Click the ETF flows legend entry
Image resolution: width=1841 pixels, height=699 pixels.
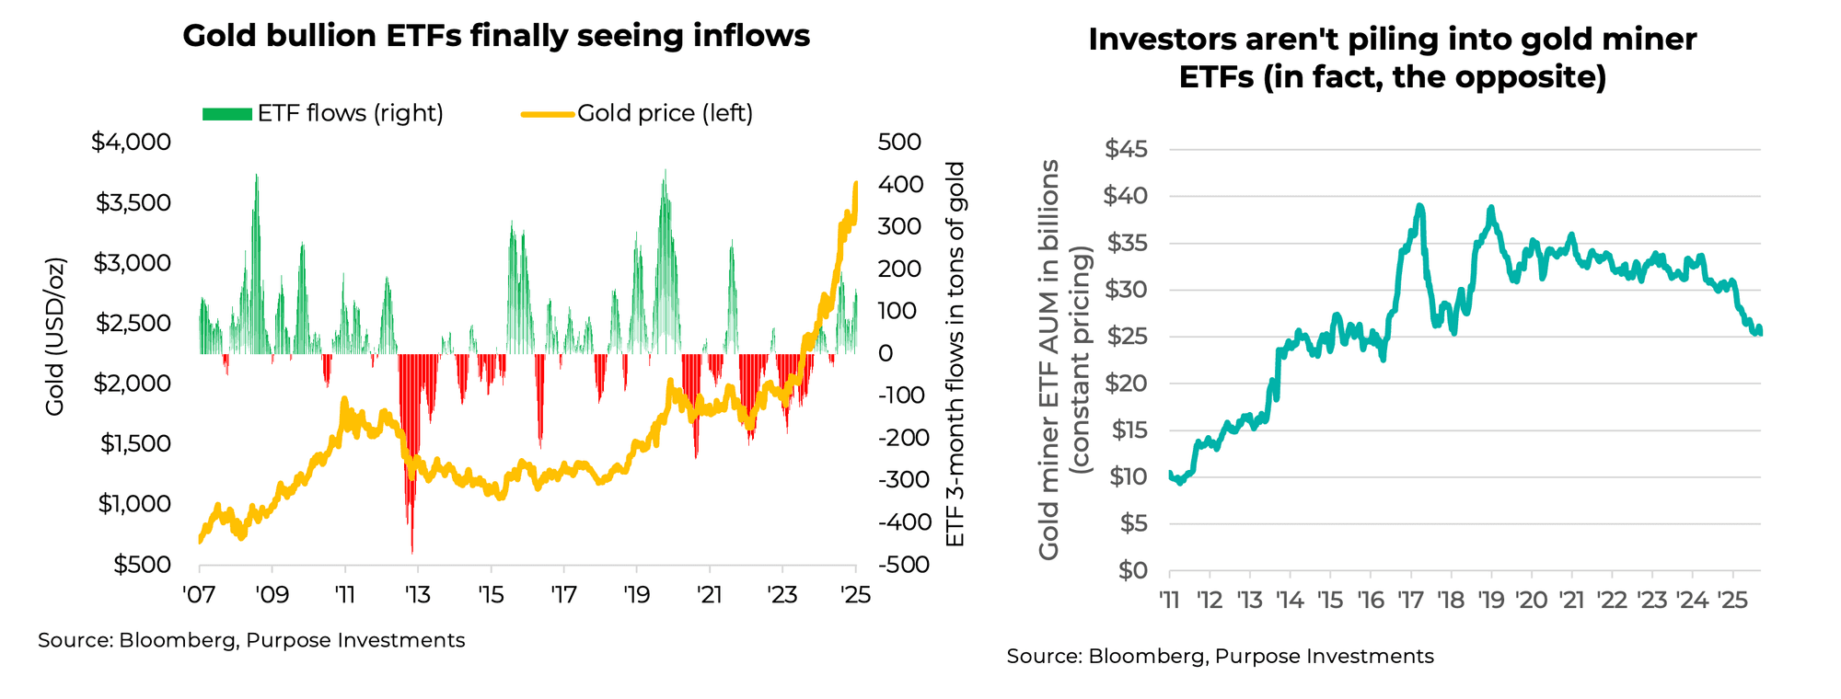323,113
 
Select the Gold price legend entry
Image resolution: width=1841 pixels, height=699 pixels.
637,113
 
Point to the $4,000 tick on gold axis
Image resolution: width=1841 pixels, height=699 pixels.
131,142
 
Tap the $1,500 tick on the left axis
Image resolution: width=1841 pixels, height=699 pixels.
135,443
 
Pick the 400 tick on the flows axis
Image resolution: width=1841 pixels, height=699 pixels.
899,184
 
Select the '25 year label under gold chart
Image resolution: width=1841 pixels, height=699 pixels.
856,593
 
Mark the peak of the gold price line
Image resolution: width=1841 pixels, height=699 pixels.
856,183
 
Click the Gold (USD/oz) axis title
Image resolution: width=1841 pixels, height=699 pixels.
55,336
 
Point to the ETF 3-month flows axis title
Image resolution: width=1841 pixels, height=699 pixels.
955,354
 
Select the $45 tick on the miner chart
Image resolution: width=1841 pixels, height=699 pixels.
1126,149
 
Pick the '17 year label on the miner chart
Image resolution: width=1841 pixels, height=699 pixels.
1409,601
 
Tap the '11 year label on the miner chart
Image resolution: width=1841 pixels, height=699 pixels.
1169,601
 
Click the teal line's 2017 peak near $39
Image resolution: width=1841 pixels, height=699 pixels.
1420,206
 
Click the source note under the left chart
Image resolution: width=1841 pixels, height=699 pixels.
251,640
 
